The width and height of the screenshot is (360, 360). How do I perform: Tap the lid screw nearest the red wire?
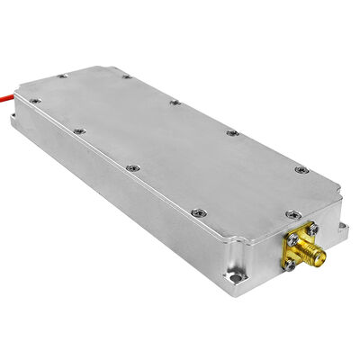click(34, 102)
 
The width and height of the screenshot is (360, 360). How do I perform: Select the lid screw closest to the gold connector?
click(290, 214)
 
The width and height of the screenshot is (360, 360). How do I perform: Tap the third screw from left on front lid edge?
click(133, 167)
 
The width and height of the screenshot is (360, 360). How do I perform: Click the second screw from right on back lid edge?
click(232, 133)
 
